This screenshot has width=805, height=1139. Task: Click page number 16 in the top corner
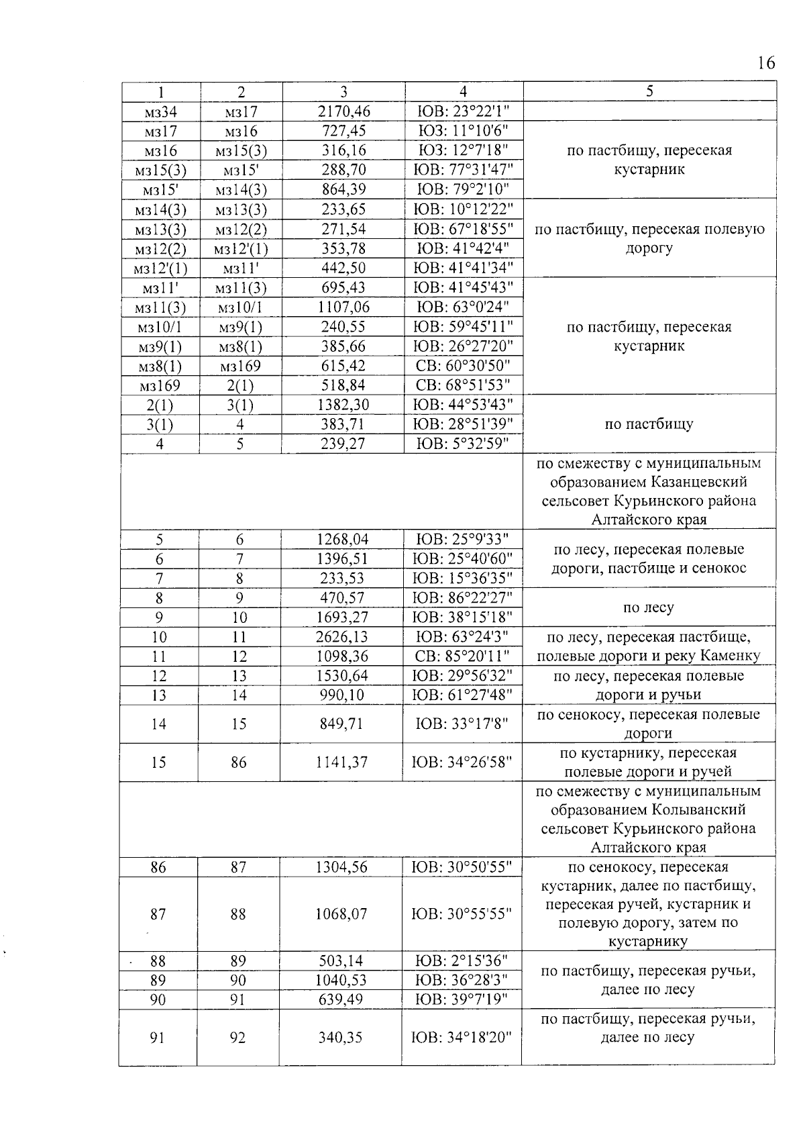[x=765, y=63]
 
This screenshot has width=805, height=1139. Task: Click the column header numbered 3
[x=343, y=92]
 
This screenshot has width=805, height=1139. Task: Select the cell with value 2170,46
[x=343, y=111]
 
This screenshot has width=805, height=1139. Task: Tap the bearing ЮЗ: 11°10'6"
[x=462, y=131]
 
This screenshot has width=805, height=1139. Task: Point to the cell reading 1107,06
[x=343, y=307]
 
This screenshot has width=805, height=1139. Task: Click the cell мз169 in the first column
[x=160, y=386]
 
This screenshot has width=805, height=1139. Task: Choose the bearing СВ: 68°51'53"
[x=462, y=385]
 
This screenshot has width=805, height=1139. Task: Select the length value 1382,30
[x=343, y=405]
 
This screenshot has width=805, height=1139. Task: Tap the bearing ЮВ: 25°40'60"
[x=462, y=558]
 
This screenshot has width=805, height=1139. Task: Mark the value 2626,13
[x=343, y=636]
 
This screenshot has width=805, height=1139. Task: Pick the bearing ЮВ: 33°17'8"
[x=462, y=724]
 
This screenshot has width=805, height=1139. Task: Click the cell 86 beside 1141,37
[x=239, y=762]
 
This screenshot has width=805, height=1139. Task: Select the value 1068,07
[x=341, y=914]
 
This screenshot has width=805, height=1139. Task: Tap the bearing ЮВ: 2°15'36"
[x=462, y=960]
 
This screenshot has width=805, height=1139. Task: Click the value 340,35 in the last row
[x=341, y=1038]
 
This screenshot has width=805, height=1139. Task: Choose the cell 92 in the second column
[x=237, y=1038]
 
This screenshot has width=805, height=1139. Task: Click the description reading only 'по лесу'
[x=648, y=608]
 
